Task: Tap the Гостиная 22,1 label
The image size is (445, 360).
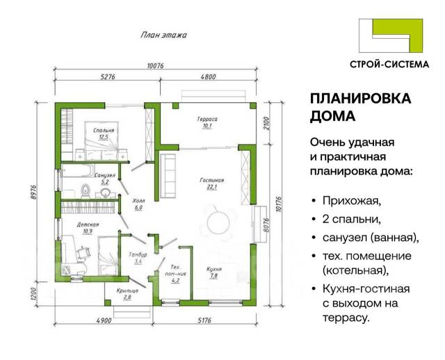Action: coord(212,183)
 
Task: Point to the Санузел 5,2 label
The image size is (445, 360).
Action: coord(105,179)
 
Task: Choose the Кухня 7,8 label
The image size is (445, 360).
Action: coord(214,272)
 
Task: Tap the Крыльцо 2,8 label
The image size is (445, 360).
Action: coord(127,294)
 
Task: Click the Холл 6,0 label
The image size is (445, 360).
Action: coord(138,204)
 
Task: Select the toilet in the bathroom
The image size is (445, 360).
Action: coord(86,190)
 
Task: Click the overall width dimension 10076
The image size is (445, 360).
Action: coord(156,65)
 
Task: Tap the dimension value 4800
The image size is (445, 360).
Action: coord(208,76)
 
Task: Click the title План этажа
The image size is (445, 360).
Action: coord(164,35)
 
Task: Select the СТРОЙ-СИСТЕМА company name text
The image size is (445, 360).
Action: coord(389,65)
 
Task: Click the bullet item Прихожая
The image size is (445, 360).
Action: coord(351,201)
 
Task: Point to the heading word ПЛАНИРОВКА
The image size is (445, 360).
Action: coord(360,99)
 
